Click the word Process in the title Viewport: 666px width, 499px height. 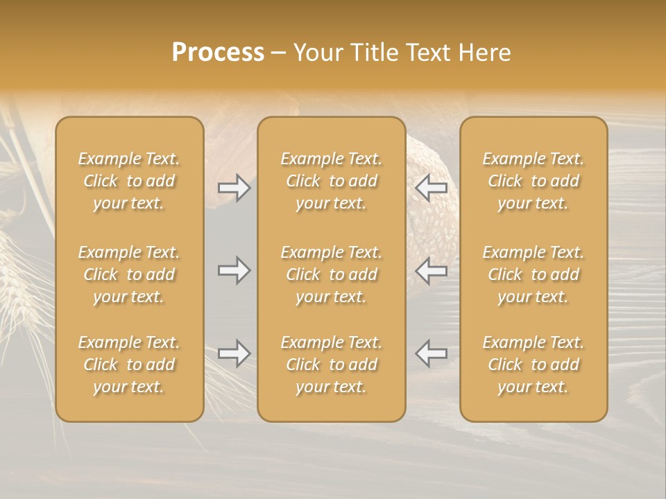click(x=218, y=53)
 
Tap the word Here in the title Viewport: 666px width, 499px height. click(x=485, y=53)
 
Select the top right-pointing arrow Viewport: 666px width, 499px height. click(x=234, y=188)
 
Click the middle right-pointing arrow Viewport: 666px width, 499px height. click(x=234, y=270)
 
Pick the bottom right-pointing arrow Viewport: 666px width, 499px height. click(x=234, y=353)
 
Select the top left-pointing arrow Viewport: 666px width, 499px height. click(x=432, y=188)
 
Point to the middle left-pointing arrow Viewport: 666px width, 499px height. click(x=432, y=270)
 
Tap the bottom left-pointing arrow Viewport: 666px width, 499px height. click(x=432, y=353)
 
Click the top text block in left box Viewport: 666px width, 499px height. click(x=129, y=181)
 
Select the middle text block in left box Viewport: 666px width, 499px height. click(x=129, y=274)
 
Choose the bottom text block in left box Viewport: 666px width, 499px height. click(x=129, y=365)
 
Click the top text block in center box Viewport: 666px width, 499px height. click(x=331, y=181)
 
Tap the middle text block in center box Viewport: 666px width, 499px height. click(x=331, y=274)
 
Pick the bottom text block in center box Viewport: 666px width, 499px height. click(x=331, y=365)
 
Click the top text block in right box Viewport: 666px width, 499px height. click(x=533, y=181)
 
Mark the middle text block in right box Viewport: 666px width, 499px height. click(x=533, y=274)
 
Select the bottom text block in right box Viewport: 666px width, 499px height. click(x=533, y=365)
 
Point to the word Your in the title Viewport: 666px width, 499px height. click(x=318, y=53)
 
